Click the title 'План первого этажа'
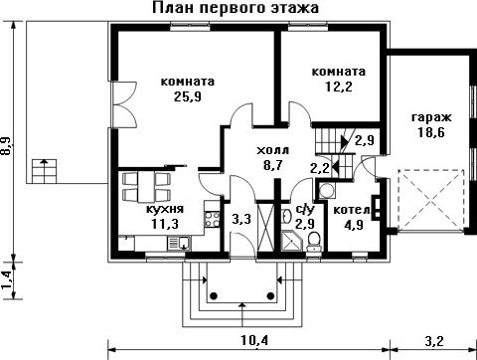click(236, 8)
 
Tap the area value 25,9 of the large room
click(188, 96)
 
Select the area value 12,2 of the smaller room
click(339, 87)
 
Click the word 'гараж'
click(431, 118)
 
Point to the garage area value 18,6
click(431, 132)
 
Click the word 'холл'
click(273, 150)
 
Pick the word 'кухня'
click(165, 210)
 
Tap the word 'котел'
click(352, 211)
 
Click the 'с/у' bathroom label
click(304, 210)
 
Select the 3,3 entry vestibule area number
click(241, 219)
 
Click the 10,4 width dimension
click(254, 340)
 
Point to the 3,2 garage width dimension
click(433, 341)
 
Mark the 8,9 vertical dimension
click(7, 146)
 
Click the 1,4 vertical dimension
click(7, 279)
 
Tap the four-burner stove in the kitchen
click(212, 219)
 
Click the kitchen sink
click(179, 244)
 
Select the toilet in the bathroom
click(313, 243)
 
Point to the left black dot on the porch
click(214, 295)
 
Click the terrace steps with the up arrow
click(44, 171)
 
